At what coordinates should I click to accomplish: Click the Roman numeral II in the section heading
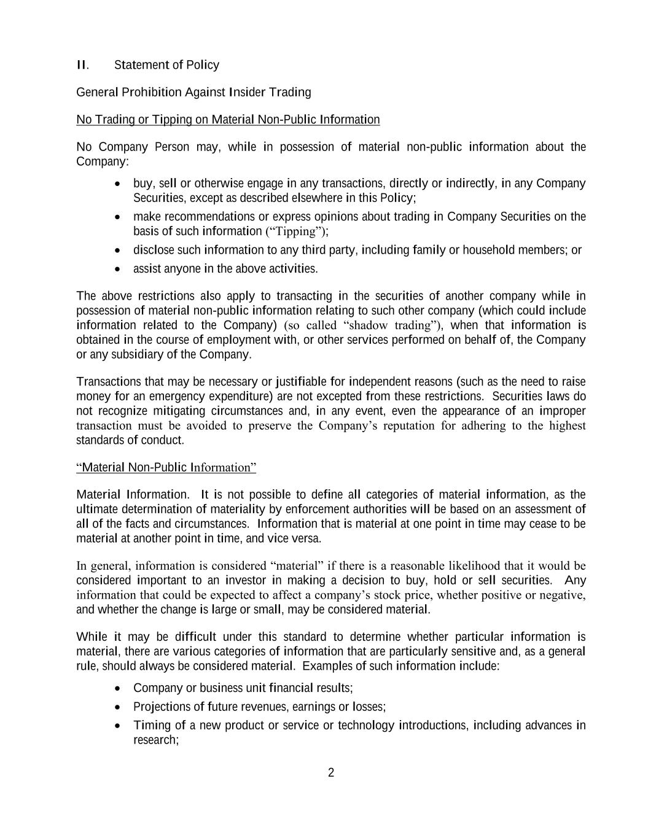pyautogui.click(x=82, y=65)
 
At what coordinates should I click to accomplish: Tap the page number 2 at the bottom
pyautogui.click(x=331, y=772)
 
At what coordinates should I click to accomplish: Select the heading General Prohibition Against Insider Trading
pyautogui.click(x=193, y=92)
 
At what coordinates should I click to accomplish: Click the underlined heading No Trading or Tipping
pyautogui.click(x=228, y=119)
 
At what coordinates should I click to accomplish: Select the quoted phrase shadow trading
pyautogui.click(x=387, y=325)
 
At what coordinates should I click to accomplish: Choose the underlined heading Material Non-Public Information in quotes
pyautogui.click(x=166, y=467)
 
